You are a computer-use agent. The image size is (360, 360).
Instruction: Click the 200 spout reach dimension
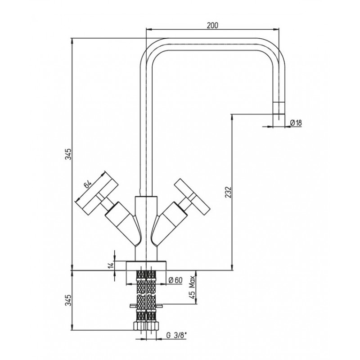coord(212,26)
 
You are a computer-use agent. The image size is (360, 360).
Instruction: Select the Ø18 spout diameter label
coord(296,123)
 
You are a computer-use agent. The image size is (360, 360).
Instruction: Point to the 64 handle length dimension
coord(87,184)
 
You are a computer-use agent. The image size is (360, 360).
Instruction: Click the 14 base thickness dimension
coord(111,265)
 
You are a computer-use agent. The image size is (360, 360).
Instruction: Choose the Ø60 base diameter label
coord(175,280)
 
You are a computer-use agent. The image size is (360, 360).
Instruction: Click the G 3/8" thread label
coord(176,336)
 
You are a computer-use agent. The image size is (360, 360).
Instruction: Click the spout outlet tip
coord(279,114)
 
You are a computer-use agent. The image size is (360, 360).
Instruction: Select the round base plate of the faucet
coord(146,265)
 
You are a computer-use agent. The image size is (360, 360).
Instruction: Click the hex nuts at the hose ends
coord(146,326)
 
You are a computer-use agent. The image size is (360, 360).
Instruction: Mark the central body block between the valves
coord(146,229)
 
